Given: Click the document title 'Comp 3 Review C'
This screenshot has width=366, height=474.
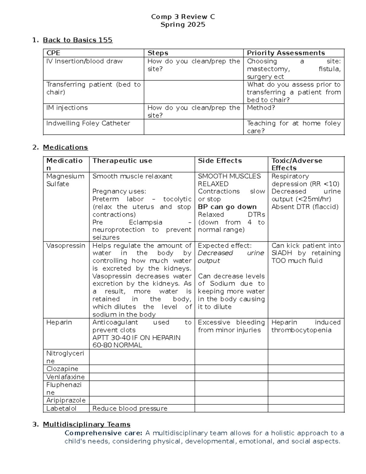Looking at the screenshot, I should click(183, 17).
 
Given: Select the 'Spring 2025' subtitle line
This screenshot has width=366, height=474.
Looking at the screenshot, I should click(183, 25).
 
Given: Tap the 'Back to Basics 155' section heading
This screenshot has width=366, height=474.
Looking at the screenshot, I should click(77, 40).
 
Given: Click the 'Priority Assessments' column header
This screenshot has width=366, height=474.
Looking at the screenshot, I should click(286, 53).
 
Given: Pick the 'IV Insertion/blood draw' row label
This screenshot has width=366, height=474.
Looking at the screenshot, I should click(84, 61).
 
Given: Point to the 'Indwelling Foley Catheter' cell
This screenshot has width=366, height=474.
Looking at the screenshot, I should click(88, 123).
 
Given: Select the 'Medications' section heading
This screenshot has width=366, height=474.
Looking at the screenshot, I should click(65, 147).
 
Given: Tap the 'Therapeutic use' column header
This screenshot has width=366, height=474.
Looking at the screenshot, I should click(122, 161).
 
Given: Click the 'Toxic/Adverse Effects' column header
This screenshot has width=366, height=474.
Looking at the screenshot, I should click(296, 164).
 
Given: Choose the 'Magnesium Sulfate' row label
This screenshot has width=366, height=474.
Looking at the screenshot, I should click(65, 180).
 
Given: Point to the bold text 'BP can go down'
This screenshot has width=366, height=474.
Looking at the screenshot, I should click(227, 207).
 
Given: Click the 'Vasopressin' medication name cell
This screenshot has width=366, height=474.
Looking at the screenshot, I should click(66, 246).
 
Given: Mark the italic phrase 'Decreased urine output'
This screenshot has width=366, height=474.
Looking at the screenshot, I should click(231, 257).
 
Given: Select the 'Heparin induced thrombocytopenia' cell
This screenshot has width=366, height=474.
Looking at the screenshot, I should click(306, 326).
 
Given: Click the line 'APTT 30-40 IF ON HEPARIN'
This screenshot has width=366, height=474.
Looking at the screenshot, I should click(136, 338).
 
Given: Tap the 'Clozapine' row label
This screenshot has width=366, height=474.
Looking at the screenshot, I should click(62, 369).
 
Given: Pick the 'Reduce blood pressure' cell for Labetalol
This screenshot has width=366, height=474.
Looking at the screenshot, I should click(130, 409).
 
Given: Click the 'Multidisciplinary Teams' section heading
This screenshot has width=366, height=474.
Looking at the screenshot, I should click(87, 425).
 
